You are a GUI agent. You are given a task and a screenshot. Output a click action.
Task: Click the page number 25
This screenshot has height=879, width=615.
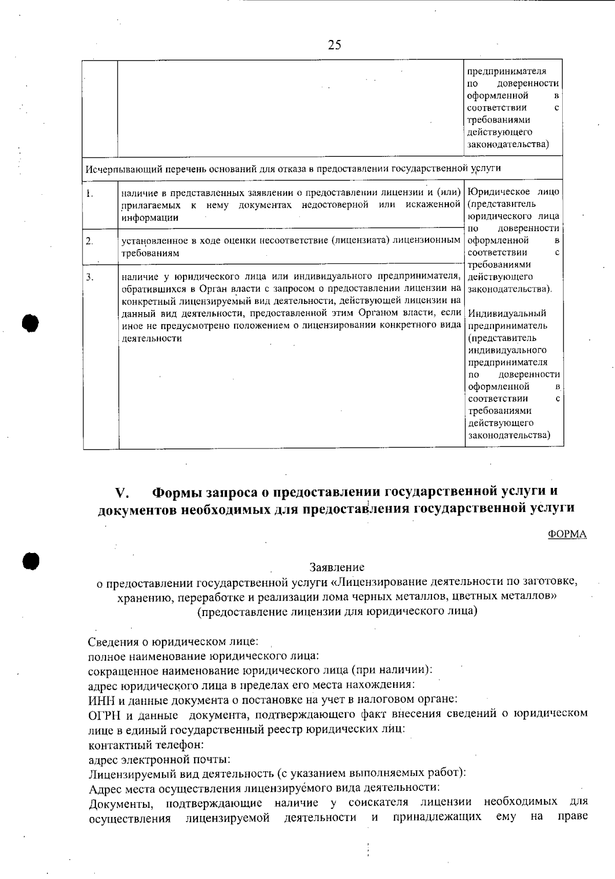tap(334, 45)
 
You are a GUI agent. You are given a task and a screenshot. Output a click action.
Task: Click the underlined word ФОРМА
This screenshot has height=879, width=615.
tap(567, 534)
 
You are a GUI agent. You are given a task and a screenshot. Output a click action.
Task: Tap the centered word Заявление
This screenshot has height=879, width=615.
tap(337, 567)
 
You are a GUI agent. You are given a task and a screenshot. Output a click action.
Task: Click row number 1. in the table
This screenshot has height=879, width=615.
tap(89, 194)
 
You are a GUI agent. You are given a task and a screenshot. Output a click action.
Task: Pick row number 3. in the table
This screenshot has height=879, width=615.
tap(90, 277)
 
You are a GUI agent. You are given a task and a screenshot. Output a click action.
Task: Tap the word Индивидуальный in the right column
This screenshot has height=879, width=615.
tap(507, 313)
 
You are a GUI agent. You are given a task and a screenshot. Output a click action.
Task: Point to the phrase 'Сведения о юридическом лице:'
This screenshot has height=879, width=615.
tap(173, 642)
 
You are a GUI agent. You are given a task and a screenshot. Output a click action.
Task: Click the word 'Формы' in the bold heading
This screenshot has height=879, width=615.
tap(177, 492)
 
